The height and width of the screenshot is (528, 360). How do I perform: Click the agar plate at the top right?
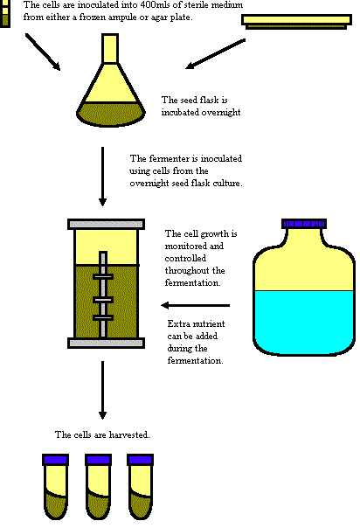(297, 22)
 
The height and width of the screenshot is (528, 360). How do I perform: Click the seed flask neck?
(110, 48)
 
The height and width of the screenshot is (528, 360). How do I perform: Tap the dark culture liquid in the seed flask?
(111, 115)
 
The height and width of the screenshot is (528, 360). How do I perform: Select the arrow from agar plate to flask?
(215, 54)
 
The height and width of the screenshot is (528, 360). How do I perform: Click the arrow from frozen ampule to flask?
(43, 52)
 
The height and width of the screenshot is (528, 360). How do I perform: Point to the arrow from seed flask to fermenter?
(102, 176)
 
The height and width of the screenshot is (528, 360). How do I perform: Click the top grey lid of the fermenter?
(106, 224)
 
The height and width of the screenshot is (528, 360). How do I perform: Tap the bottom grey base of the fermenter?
(106, 343)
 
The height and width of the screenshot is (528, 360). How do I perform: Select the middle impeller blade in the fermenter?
(103, 300)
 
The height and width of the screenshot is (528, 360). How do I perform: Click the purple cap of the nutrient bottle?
(304, 223)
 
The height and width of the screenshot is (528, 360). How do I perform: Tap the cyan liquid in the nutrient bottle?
(304, 323)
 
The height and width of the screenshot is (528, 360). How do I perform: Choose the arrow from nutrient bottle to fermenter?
(196, 305)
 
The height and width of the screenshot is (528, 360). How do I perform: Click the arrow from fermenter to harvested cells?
(102, 390)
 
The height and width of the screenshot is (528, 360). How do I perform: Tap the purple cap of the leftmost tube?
(56, 460)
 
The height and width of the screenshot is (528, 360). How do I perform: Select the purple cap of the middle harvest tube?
(98, 460)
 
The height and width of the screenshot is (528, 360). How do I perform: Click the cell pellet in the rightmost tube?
(141, 505)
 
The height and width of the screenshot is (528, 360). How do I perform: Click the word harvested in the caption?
(128, 434)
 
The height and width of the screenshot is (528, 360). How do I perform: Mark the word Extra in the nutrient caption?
(179, 323)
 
